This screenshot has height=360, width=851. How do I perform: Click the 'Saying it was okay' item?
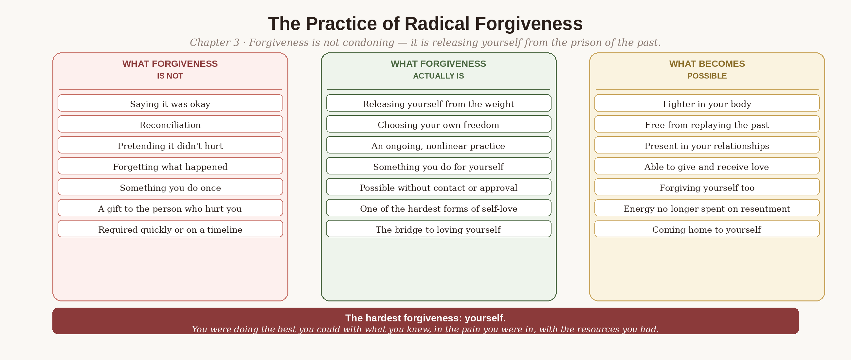[x=170, y=103]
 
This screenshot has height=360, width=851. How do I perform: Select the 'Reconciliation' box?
[x=170, y=124]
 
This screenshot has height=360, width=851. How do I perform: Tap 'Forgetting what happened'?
[x=170, y=166]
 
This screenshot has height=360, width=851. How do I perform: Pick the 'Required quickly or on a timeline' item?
[x=170, y=229]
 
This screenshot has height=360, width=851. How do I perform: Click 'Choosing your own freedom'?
[x=438, y=124]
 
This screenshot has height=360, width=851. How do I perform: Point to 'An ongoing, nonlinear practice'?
[x=438, y=145]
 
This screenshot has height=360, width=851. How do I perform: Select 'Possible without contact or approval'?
[x=438, y=187]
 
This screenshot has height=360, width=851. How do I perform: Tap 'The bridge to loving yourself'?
[x=438, y=229]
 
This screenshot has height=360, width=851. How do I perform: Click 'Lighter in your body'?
[x=707, y=103]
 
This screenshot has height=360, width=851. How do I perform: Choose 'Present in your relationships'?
[x=707, y=145]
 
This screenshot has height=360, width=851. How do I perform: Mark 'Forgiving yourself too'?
[x=707, y=187]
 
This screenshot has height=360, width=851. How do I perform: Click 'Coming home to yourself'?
[x=707, y=229]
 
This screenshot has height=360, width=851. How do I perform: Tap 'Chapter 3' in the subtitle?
[x=214, y=43]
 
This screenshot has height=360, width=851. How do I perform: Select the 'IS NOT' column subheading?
[x=170, y=76]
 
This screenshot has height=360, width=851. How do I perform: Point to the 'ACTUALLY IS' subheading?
[x=438, y=76]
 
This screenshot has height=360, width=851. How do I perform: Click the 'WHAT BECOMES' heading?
[x=707, y=64]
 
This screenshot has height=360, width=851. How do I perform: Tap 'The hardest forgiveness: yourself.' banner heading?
[x=425, y=318]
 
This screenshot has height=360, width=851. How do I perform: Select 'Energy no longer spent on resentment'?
[x=707, y=208]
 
